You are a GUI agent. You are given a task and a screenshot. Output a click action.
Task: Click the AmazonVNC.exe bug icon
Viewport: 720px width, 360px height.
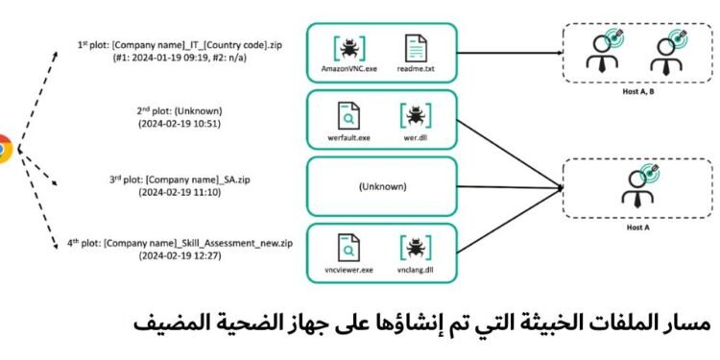point(350,47)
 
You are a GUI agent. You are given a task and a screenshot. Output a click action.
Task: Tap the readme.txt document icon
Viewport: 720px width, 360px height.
point(416,47)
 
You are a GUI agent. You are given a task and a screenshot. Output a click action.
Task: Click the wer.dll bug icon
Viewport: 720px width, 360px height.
point(415,116)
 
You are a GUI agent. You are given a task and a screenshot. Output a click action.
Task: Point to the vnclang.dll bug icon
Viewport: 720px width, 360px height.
point(415,246)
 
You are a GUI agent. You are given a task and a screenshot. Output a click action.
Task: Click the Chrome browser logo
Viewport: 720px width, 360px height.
point(4,150)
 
